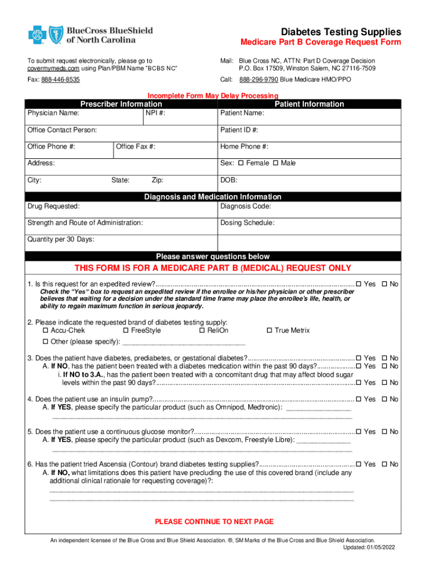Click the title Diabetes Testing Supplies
[341, 32]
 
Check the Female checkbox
[241, 163]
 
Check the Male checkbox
[275, 163]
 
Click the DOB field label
[228, 180]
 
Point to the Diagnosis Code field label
[246, 207]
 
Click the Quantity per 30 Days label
[60, 240]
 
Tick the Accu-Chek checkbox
[46, 330]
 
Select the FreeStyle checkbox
[126, 330]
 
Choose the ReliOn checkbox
[202, 330]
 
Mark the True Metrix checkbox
[269, 330]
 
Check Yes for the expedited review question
[359, 284]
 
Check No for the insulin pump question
[385, 399]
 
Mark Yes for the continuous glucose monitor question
[359, 432]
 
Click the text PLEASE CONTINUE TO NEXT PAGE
[214, 521]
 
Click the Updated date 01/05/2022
[379, 548]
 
